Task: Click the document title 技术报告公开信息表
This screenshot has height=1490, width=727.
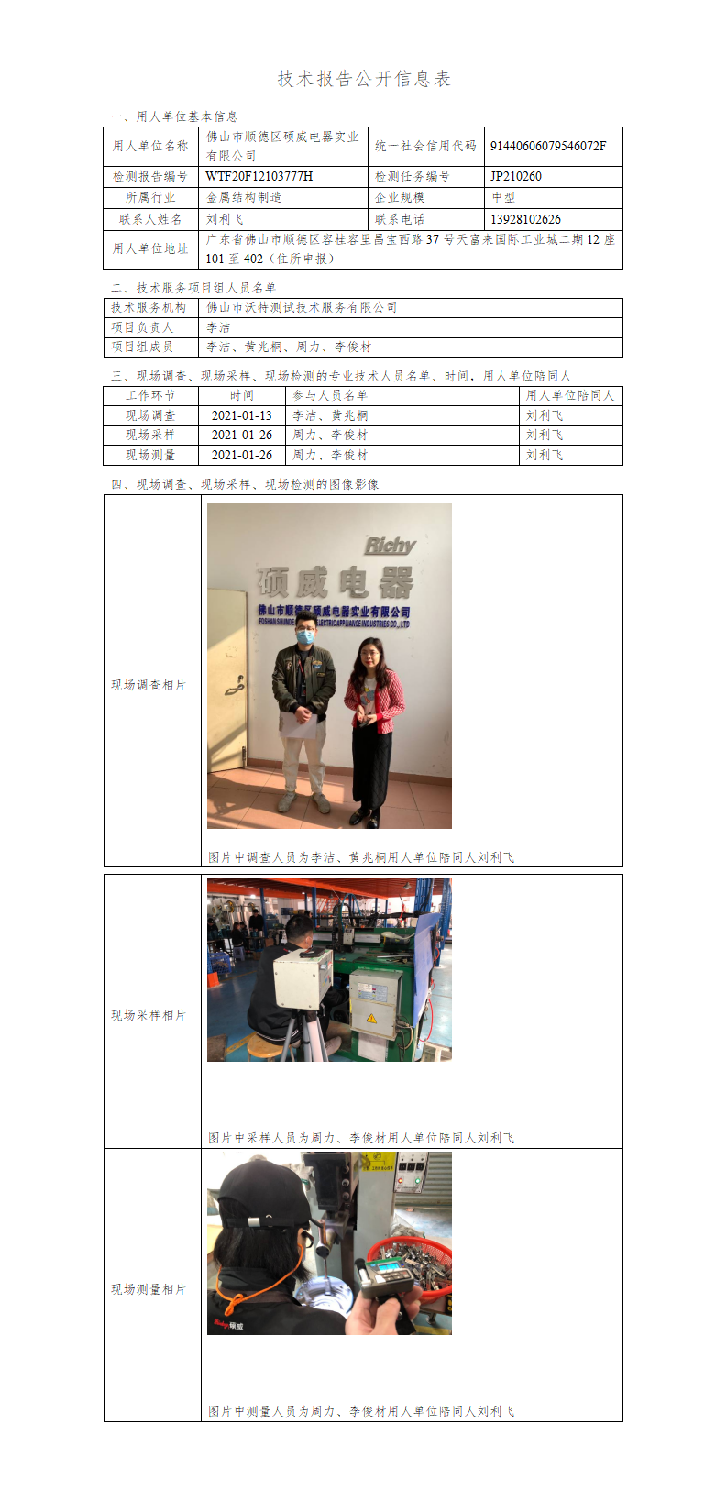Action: [x=364, y=79]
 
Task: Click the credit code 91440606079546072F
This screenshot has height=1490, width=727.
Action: [x=548, y=146]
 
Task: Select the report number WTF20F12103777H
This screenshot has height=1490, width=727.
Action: [x=259, y=176]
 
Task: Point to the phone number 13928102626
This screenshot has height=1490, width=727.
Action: [x=525, y=219]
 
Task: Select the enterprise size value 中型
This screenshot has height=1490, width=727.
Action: [x=502, y=197]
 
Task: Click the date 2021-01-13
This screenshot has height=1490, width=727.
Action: [x=241, y=415]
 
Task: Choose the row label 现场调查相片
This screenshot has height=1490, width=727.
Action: [x=149, y=684]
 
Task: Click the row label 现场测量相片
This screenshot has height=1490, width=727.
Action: [x=149, y=1289]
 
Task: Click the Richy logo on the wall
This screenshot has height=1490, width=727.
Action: [x=391, y=546]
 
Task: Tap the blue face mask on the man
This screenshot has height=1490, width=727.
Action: [x=304, y=637]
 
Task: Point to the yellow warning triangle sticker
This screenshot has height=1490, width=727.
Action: [x=371, y=1018]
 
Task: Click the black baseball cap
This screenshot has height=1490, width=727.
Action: [x=263, y=1197]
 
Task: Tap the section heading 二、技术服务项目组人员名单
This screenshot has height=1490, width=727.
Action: [x=193, y=288]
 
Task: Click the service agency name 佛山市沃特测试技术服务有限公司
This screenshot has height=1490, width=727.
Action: [x=302, y=307]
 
